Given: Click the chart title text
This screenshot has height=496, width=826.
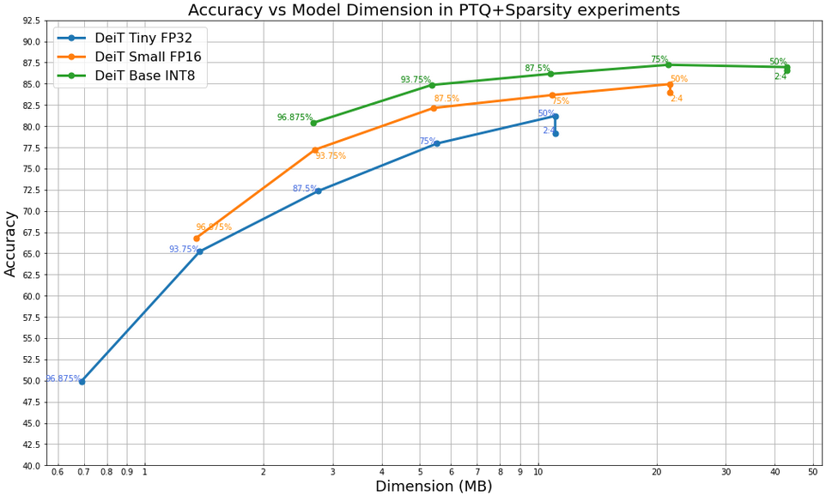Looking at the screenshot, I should click(x=434, y=10).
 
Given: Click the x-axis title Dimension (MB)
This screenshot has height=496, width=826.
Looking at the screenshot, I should click(x=434, y=487).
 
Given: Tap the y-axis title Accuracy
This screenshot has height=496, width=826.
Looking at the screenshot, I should click(x=11, y=244).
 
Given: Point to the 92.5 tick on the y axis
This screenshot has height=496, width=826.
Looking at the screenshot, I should click(x=32, y=21).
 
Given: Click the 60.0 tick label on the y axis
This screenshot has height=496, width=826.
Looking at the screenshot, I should click(x=32, y=296).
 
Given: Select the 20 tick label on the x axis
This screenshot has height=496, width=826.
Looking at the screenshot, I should click(x=657, y=472).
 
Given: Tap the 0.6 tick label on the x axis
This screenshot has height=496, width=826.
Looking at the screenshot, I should click(x=58, y=472).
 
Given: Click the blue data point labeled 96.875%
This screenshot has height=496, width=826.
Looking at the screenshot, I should click(x=82, y=382).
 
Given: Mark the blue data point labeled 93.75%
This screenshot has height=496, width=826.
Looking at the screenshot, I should click(x=199, y=251).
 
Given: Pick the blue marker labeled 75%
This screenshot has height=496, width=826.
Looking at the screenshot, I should click(x=436, y=143).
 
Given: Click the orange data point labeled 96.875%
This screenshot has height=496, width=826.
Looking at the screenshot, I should click(x=196, y=239).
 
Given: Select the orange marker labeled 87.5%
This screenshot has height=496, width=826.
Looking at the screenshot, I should click(x=433, y=108).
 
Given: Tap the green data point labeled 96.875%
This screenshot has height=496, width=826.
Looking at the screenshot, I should click(x=313, y=123).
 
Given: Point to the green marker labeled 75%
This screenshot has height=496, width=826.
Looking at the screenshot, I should click(x=668, y=65).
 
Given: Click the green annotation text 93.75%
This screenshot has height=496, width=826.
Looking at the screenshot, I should click(x=416, y=80).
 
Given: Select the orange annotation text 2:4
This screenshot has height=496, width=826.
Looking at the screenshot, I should click(x=677, y=99).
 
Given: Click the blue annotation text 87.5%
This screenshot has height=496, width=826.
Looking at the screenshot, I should click(x=304, y=189).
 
